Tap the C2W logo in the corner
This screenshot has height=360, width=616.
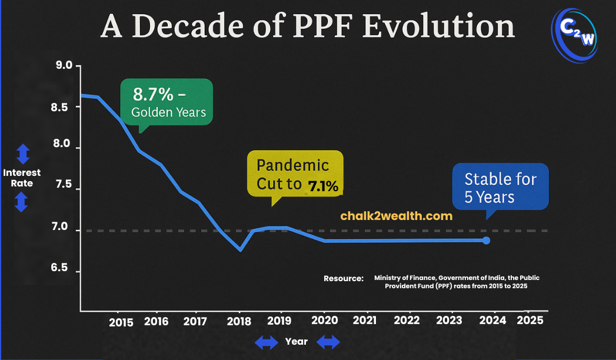[x=575, y=35]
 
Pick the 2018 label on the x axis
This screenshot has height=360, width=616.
[x=238, y=321]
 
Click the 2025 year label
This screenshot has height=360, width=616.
[x=530, y=321]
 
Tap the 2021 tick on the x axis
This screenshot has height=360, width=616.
[x=364, y=321]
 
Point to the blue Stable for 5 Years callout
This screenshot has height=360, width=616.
[x=500, y=188]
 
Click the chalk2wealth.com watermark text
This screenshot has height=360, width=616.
[x=396, y=216]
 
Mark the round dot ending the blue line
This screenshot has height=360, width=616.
[x=486, y=240]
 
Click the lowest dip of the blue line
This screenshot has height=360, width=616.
[x=240, y=250]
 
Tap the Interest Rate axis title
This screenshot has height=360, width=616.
[x=22, y=178]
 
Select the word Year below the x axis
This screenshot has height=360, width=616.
[x=296, y=341]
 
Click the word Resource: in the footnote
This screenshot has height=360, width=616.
[x=344, y=278]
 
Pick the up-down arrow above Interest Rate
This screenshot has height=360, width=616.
[x=22, y=154]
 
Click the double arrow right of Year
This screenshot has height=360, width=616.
[x=328, y=341]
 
